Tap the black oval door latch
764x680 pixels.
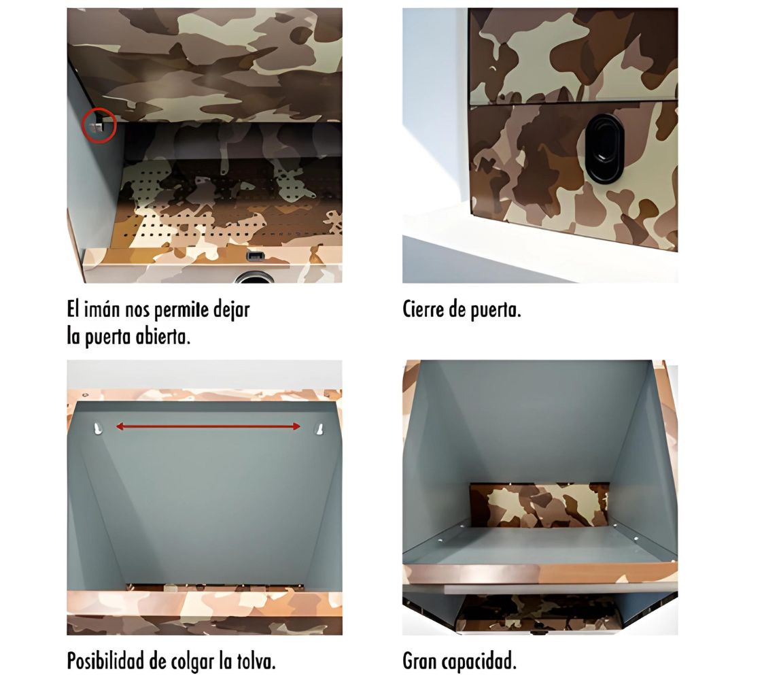pyautogui.click(x=605, y=149)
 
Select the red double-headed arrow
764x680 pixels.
pyautogui.click(x=208, y=426)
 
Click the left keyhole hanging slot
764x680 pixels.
pyautogui.click(x=97, y=429)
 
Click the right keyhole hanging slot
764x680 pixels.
pyautogui.click(x=319, y=429)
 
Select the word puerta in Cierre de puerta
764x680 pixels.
pyautogui.click(x=496, y=311)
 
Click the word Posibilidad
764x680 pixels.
pyautogui.click(x=105, y=662)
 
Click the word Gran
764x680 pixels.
pyautogui.click(x=420, y=662)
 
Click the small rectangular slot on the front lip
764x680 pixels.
pyautogui.click(x=255, y=256)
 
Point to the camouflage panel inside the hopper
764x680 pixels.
pyautogui.click(x=539, y=505)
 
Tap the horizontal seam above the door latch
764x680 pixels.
pyautogui.click(x=573, y=103)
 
